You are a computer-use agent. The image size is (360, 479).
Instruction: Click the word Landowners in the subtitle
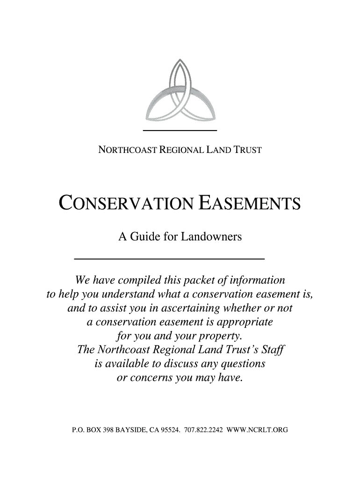point(211,237)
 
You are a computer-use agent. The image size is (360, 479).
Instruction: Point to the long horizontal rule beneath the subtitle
point(170,258)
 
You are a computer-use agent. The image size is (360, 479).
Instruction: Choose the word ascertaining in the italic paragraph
point(198,309)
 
